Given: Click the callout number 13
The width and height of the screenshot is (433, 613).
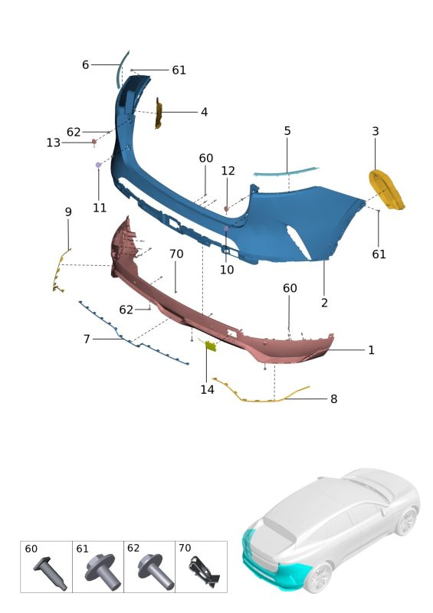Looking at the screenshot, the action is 54,143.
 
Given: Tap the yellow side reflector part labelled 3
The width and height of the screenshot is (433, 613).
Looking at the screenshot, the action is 386,189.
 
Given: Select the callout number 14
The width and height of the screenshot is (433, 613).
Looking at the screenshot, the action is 208,389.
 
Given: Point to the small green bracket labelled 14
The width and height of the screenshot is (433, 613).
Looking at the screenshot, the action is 211,346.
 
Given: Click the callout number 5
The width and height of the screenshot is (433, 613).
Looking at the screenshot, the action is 287,131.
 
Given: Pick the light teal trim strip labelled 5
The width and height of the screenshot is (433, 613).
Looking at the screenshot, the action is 286,172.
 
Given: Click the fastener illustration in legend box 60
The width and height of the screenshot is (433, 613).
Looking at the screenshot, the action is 50,573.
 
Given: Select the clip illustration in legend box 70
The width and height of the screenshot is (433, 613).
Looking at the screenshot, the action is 204,572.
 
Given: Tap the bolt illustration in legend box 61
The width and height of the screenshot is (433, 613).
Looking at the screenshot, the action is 102,570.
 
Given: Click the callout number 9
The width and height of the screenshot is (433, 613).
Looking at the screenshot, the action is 68,212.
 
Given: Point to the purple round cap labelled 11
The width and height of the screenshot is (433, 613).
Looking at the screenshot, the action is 98,165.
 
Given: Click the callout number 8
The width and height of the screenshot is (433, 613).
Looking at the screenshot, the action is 333,399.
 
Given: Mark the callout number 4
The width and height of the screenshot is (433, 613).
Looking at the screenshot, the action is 204,112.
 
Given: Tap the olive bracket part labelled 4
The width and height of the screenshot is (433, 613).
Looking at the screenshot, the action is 159,113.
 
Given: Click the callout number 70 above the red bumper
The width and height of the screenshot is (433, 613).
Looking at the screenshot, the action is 176,254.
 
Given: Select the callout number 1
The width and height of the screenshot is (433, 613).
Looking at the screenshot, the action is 371,350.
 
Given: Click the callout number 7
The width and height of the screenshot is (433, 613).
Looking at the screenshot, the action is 87,339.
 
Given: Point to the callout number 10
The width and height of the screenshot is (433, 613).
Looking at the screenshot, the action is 227,270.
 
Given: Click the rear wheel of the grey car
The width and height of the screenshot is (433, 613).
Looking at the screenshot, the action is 407,522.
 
